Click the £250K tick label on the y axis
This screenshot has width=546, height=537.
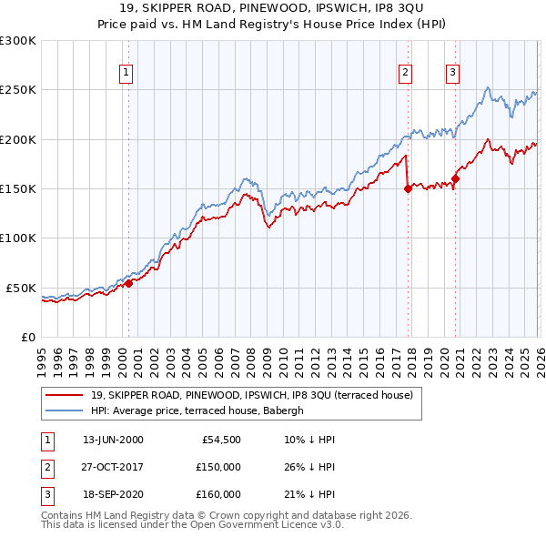pyautogui.click(x=18, y=90)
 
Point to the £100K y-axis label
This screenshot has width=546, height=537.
pyautogui.click(x=18, y=238)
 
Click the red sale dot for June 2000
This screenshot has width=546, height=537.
pyautogui.click(x=128, y=283)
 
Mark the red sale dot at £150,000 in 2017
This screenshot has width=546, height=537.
pyautogui.click(x=408, y=189)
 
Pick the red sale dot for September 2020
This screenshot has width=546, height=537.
pyautogui.click(x=455, y=179)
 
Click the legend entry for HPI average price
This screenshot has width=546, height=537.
pyautogui.click(x=202, y=410)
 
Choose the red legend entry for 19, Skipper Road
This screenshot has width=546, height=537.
pyautogui.click(x=252, y=395)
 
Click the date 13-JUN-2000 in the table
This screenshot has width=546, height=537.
pyautogui.click(x=113, y=440)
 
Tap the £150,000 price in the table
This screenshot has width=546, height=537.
pyautogui.click(x=217, y=467)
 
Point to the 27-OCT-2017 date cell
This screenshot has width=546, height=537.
pyautogui.click(x=113, y=467)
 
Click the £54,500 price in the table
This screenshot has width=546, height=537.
pyautogui.click(x=221, y=440)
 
